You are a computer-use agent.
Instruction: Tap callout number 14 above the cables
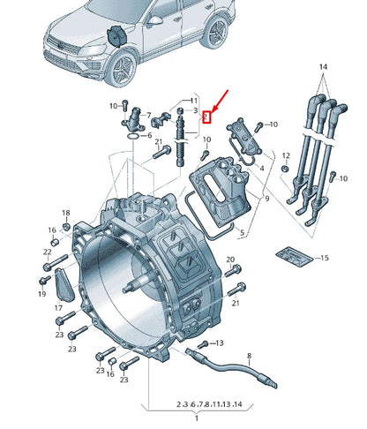tap(323, 67)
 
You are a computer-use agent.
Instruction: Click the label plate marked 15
tap(291, 256)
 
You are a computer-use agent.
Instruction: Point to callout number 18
tap(65, 214)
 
